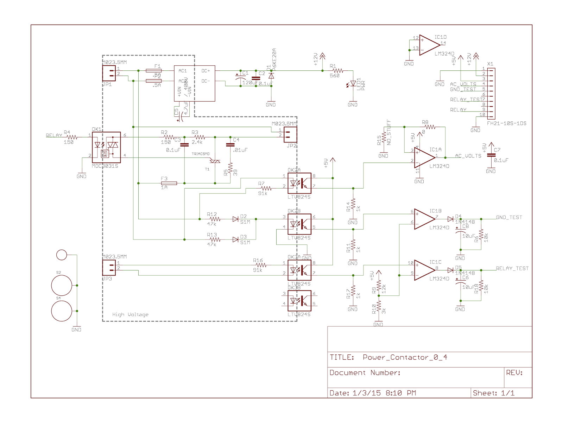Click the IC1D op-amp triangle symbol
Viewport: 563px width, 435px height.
428,45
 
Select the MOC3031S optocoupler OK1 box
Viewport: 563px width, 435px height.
106,147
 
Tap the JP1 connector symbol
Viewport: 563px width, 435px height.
109,73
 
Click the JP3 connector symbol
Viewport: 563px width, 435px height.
109,268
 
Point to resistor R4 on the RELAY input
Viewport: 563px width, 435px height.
72,137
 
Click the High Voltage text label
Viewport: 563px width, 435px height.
130,315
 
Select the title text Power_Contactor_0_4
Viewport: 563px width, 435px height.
405,357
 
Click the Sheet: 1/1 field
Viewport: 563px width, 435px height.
493,393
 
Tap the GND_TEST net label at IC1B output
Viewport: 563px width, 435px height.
509,217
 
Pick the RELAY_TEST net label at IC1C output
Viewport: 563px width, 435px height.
512,268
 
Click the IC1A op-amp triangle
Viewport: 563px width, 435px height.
424,158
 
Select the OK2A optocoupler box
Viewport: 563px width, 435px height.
299,183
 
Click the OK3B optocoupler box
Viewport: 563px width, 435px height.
299,301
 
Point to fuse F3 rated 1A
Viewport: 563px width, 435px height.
169,183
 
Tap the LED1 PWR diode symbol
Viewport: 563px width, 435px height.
353,84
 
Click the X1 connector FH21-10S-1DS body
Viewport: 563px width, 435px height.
492,94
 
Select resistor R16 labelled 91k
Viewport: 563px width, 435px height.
261,265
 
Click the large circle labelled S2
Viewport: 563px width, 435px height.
62,285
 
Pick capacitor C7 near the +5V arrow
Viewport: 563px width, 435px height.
491,155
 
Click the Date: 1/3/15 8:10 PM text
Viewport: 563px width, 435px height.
373,393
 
